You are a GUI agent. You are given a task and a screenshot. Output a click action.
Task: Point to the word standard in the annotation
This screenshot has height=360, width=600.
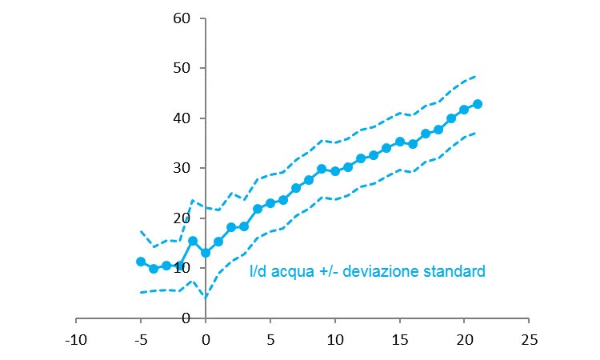(457, 272)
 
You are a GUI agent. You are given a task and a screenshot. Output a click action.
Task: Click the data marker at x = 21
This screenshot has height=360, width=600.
(478, 104)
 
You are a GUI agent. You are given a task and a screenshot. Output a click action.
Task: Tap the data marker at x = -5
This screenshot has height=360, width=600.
(141, 262)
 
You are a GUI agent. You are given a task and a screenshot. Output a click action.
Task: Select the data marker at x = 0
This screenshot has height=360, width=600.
(206, 253)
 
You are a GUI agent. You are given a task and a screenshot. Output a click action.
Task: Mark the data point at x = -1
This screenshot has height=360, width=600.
(193, 240)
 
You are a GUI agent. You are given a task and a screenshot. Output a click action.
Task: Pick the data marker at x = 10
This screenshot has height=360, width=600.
(335, 171)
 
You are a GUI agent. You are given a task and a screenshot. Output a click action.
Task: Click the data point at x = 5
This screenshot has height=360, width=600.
(270, 203)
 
